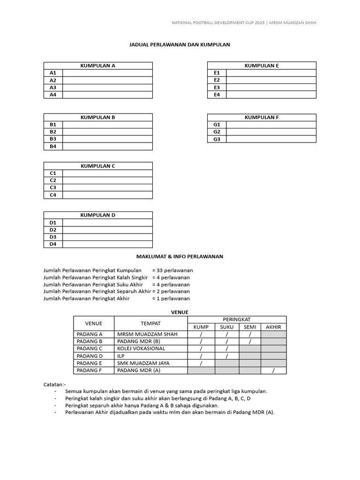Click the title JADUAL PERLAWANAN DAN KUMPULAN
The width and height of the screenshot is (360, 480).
[x=180, y=45]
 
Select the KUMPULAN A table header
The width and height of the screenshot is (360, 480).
[x=98, y=66]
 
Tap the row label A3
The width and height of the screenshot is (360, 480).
[x=53, y=87]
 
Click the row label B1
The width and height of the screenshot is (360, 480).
[x=53, y=124]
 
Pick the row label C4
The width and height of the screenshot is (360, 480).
[x=53, y=195]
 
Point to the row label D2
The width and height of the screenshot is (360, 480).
[x=53, y=230]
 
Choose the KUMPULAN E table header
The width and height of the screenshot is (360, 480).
[x=262, y=66]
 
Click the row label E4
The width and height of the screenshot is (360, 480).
[x=217, y=95]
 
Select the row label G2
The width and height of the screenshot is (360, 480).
[x=217, y=132]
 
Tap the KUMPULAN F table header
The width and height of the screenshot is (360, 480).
[x=262, y=117]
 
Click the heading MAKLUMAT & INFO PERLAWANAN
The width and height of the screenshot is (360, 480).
[x=180, y=256]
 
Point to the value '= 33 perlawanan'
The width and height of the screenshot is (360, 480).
[x=172, y=270]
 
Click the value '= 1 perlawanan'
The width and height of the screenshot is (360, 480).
[x=171, y=298]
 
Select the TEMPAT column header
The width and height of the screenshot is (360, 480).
[x=151, y=323]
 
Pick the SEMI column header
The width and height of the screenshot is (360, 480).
[x=250, y=327]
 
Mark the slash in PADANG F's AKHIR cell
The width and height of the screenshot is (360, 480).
[x=273, y=370]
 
